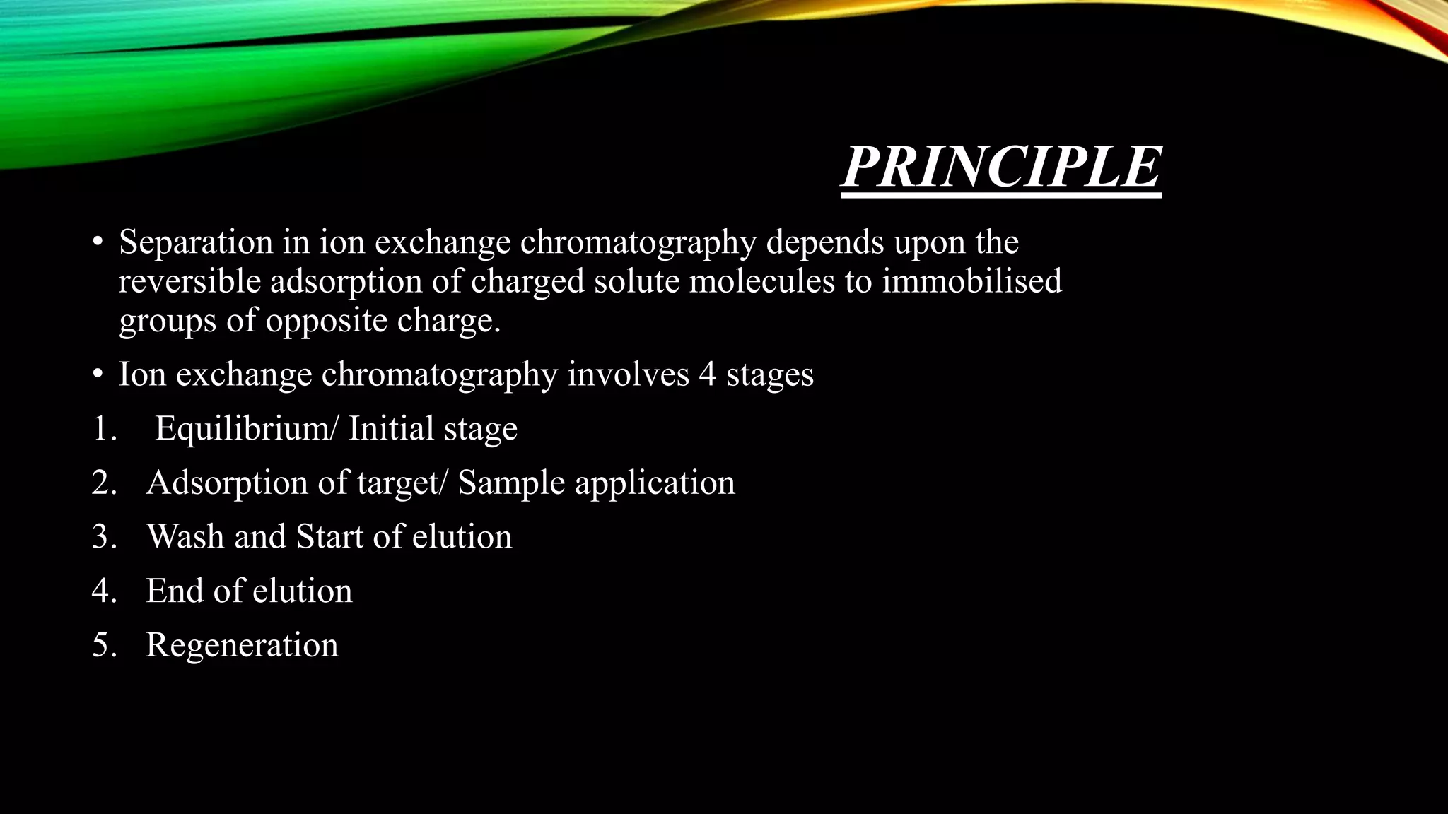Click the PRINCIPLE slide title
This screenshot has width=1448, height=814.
[x=1000, y=168]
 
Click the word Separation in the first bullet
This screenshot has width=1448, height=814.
[x=196, y=242]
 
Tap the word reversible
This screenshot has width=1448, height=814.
[x=189, y=281]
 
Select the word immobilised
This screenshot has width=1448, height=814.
[x=971, y=281]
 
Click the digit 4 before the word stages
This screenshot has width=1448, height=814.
[x=707, y=374]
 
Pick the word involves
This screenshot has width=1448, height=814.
[x=628, y=374]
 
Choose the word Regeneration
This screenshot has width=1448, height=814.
[x=242, y=645]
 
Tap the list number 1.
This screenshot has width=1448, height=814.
[x=103, y=429]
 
